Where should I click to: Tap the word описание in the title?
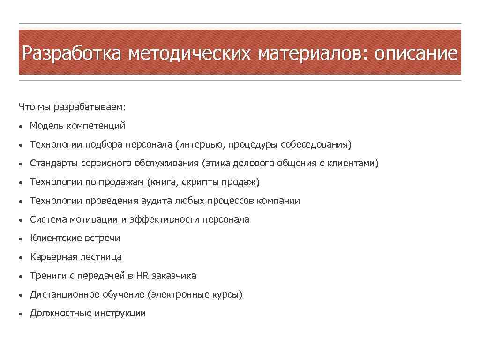416,52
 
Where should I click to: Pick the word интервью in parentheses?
201,144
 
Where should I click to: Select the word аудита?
156,201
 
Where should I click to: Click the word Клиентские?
56,238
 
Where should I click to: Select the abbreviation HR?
142,276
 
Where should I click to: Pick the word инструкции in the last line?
120,313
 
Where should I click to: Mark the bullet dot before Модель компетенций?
22,127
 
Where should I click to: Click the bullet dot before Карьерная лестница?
22,258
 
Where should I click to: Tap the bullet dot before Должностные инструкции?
22,314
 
